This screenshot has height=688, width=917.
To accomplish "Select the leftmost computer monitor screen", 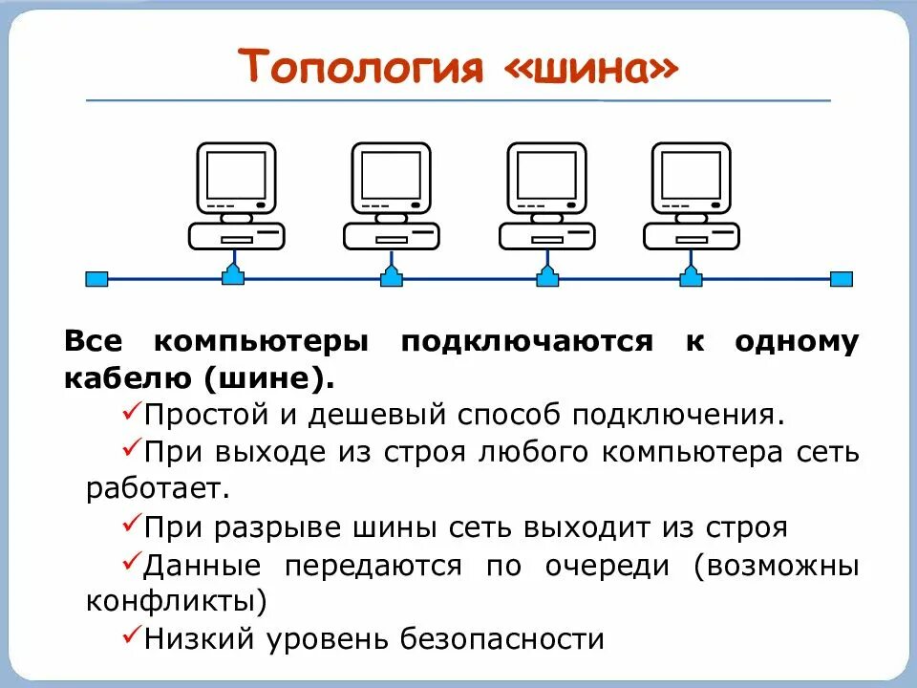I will coord(235,175).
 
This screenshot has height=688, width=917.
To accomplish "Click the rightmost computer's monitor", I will coord(691,175).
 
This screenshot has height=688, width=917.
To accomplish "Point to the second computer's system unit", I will coord(392,235).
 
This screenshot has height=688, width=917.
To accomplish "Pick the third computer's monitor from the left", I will coord(546,175).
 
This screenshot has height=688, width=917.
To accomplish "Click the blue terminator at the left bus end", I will coord(96,279).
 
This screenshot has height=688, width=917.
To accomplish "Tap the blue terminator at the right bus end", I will coord(841,279).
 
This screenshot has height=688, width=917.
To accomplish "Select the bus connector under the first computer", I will coord(234,276).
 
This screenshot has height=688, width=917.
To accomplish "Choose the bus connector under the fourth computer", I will coord(691,276).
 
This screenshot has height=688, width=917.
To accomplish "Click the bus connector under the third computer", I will coord(547,276).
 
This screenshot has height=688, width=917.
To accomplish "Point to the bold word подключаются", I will coord(526,342).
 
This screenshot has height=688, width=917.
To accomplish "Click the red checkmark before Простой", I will coord(132,413).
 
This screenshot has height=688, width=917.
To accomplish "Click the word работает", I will coord(159,489).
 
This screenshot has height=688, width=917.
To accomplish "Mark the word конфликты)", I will coord(177,602).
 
